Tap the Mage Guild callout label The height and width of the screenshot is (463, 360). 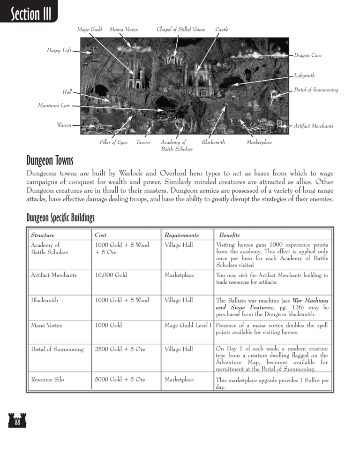coord(90,30)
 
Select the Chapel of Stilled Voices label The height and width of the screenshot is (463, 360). coord(180,30)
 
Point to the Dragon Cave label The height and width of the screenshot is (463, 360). coord(308,56)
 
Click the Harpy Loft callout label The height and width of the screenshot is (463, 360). coord(59,51)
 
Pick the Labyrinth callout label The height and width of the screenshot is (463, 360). coord(304,75)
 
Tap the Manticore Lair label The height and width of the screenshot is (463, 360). coord(53,106)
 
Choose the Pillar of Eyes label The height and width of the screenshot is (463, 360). coord(113,142)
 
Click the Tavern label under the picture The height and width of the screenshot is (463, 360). coord(143,142)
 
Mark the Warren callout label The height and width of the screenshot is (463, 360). coord(64,125)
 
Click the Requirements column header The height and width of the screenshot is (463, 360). coord(181,235)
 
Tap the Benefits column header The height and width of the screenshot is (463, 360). coord(229,235)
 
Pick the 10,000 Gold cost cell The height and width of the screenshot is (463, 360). coord(111,275)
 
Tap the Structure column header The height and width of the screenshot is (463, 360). coord(42,235)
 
